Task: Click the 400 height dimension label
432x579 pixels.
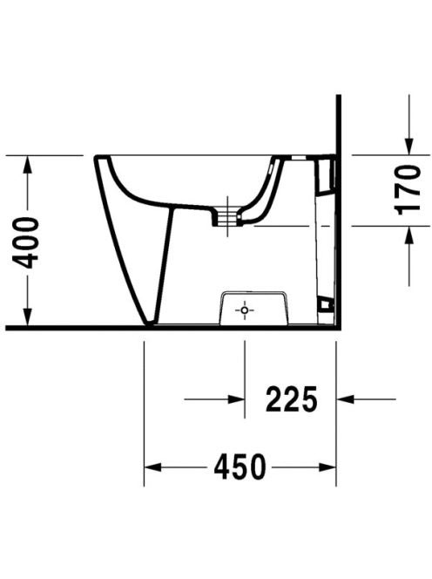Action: pyautogui.click(x=25, y=243)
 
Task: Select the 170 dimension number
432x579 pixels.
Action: pyautogui.click(x=408, y=190)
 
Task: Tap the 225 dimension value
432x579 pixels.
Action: pyautogui.click(x=292, y=399)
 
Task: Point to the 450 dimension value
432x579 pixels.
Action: pyautogui.click(x=240, y=467)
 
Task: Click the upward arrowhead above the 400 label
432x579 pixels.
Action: pyautogui.click(x=27, y=167)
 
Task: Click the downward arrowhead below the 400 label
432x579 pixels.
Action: pyautogui.click(x=27, y=316)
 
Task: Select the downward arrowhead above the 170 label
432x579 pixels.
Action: pyautogui.click(x=408, y=146)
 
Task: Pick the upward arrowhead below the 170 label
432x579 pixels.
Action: pyautogui.click(x=408, y=235)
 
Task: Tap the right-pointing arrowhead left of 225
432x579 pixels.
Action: pyautogui.click(x=236, y=399)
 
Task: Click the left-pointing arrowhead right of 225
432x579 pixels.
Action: pyautogui.click(x=345, y=399)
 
